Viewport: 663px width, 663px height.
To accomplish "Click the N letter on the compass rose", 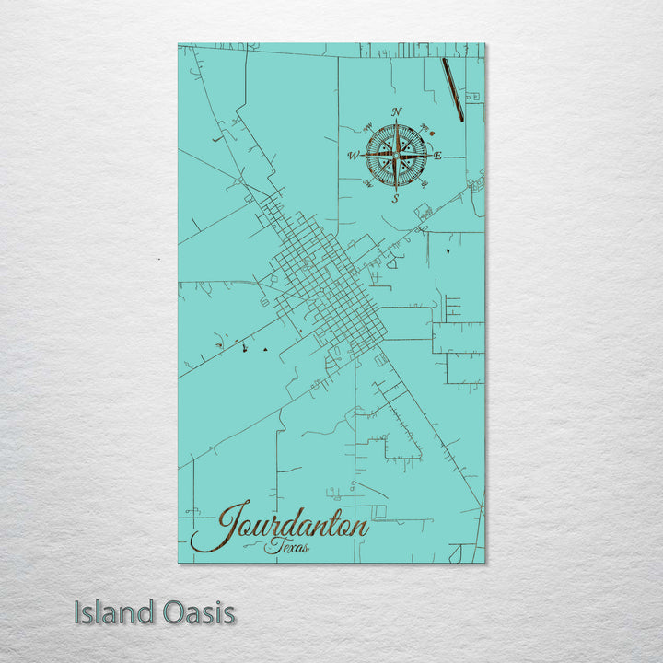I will (396, 112).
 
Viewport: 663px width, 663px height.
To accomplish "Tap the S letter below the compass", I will (394, 198).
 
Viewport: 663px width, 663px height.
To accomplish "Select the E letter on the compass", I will (437, 156).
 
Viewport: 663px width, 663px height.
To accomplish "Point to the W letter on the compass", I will (353, 156).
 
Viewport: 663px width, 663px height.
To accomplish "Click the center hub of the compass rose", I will (396, 155).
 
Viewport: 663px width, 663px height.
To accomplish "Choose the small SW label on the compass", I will (367, 184).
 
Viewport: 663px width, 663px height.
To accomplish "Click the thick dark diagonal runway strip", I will (452, 89).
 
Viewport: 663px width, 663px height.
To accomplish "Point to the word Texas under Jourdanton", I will (287, 548).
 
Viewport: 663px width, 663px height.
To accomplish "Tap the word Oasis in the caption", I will (197, 612).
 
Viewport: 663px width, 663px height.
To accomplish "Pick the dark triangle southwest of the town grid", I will (265, 349).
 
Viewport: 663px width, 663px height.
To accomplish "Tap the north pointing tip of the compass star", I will (396, 124).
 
